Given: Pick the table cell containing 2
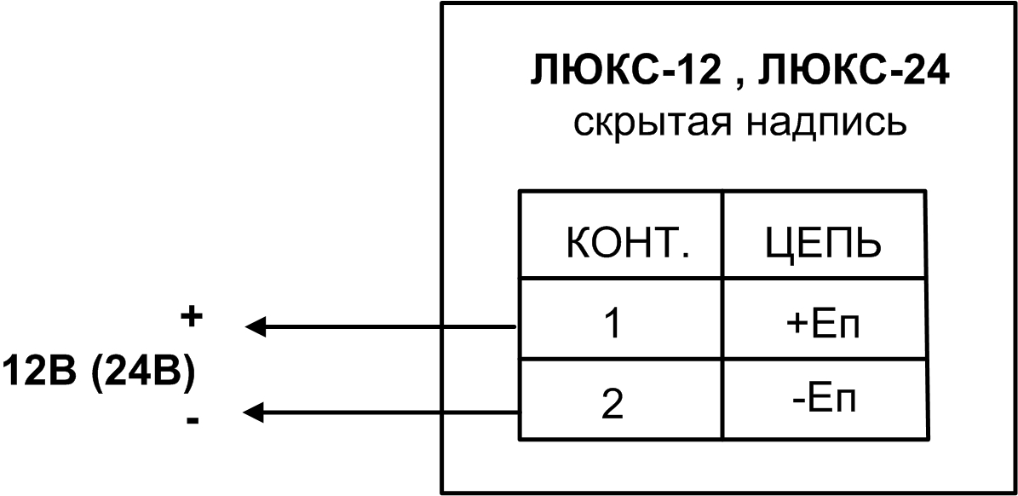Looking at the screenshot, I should click(619, 401).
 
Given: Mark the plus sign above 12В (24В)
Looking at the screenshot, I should click(193, 317).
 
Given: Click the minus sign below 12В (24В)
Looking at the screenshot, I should click(193, 420).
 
